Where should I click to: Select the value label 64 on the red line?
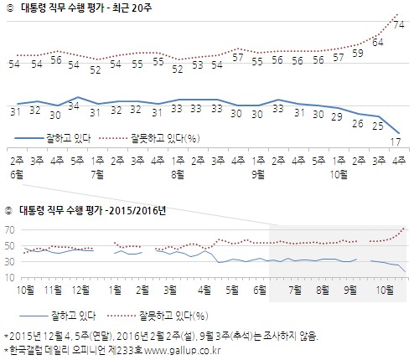click(x=378, y=40)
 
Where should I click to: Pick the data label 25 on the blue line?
click(x=378, y=126)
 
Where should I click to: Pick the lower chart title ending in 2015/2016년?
click(x=92, y=210)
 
